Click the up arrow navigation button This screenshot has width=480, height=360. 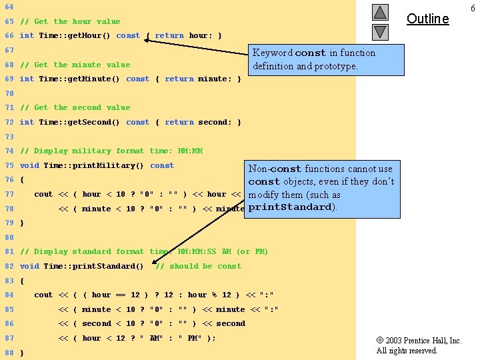pos(380,12)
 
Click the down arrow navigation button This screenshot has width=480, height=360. pos(380,31)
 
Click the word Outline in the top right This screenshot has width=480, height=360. pos(427,19)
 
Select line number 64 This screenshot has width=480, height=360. pos(9,7)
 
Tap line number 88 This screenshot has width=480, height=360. pos(9,353)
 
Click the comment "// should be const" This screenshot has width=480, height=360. pos(198,266)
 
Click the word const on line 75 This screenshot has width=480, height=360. pos(162,165)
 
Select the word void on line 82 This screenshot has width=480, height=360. pos(29,266)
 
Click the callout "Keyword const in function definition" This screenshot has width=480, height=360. pos(326,59)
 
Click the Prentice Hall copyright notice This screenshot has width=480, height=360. pos(419,345)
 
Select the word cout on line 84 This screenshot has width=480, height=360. pos(43,295)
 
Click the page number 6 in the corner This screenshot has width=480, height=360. pos(473,7)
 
